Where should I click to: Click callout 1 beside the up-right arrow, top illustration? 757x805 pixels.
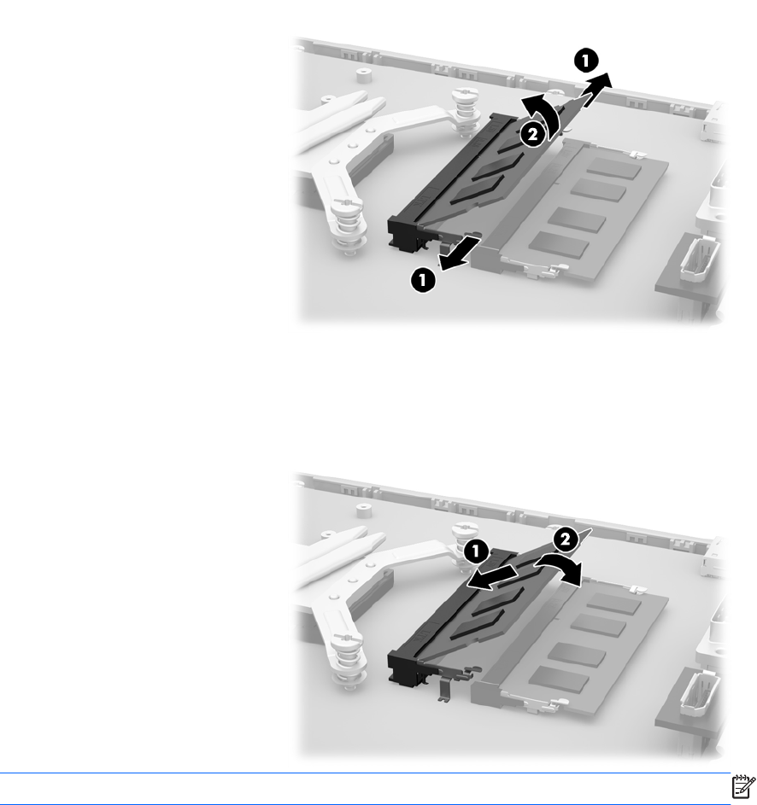(586, 61)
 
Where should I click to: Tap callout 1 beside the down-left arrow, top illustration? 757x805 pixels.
(423, 280)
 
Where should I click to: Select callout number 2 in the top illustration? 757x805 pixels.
(533, 135)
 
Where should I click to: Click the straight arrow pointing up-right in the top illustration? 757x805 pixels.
(596, 90)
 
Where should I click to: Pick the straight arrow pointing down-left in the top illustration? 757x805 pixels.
(459, 253)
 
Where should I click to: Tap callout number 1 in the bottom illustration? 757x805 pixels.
(476, 552)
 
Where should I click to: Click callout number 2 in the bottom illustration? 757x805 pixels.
(565, 540)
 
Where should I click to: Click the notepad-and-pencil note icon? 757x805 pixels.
(743, 786)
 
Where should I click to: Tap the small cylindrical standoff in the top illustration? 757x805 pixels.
(363, 75)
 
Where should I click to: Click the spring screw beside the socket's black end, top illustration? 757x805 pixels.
(348, 226)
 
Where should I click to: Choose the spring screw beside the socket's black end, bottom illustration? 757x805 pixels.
(348, 662)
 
